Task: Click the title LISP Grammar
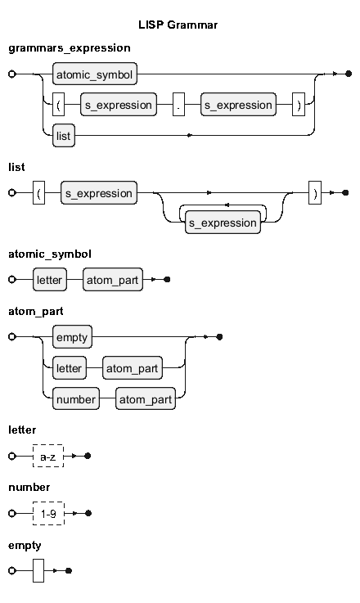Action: pyautogui.click(x=178, y=25)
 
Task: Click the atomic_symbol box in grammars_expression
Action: pyautogui.click(x=95, y=74)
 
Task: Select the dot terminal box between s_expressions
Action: pyautogui.click(x=178, y=104)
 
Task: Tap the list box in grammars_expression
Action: pyautogui.click(x=64, y=135)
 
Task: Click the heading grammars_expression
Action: pyautogui.click(x=70, y=48)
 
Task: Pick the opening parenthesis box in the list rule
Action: pyautogui.click(x=38, y=192)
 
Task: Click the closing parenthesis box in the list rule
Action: pyautogui.click(x=315, y=192)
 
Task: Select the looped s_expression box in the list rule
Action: pyautogui.click(x=223, y=223)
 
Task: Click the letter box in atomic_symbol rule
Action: pyautogui.click(x=50, y=280)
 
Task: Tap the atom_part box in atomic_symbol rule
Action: pyautogui.click(x=113, y=280)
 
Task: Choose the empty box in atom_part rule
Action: pyautogui.click(x=72, y=337)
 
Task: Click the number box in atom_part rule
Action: pyautogui.click(x=76, y=398)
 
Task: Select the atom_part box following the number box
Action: pyautogui.click(x=146, y=398)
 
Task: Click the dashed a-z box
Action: pyautogui.click(x=48, y=456)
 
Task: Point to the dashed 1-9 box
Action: pyautogui.click(x=48, y=513)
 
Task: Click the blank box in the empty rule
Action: pyautogui.click(x=38, y=571)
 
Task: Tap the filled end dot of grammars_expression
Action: pyautogui.click(x=349, y=74)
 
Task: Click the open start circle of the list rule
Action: pyautogui.click(x=12, y=192)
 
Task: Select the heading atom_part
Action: pyautogui.click(x=36, y=312)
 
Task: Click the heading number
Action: pyautogui.click(x=29, y=488)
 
